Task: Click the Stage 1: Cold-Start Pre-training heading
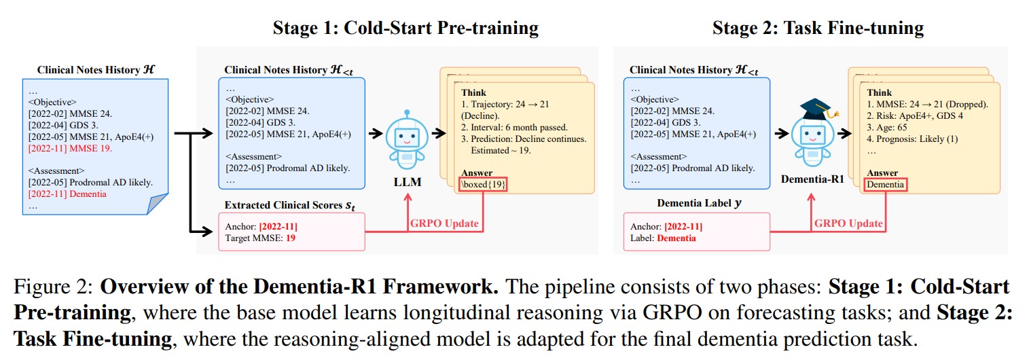click(x=405, y=28)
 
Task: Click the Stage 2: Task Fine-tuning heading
click(x=818, y=28)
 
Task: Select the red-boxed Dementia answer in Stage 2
click(x=885, y=185)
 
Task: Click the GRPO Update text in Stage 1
click(x=443, y=223)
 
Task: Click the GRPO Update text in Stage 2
click(x=848, y=223)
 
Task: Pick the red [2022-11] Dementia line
click(x=68, y=194)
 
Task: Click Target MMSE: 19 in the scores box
click(x=261, y=238)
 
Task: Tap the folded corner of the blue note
click(x=157, y=203)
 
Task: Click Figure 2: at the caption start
click(x=54, y=286)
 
